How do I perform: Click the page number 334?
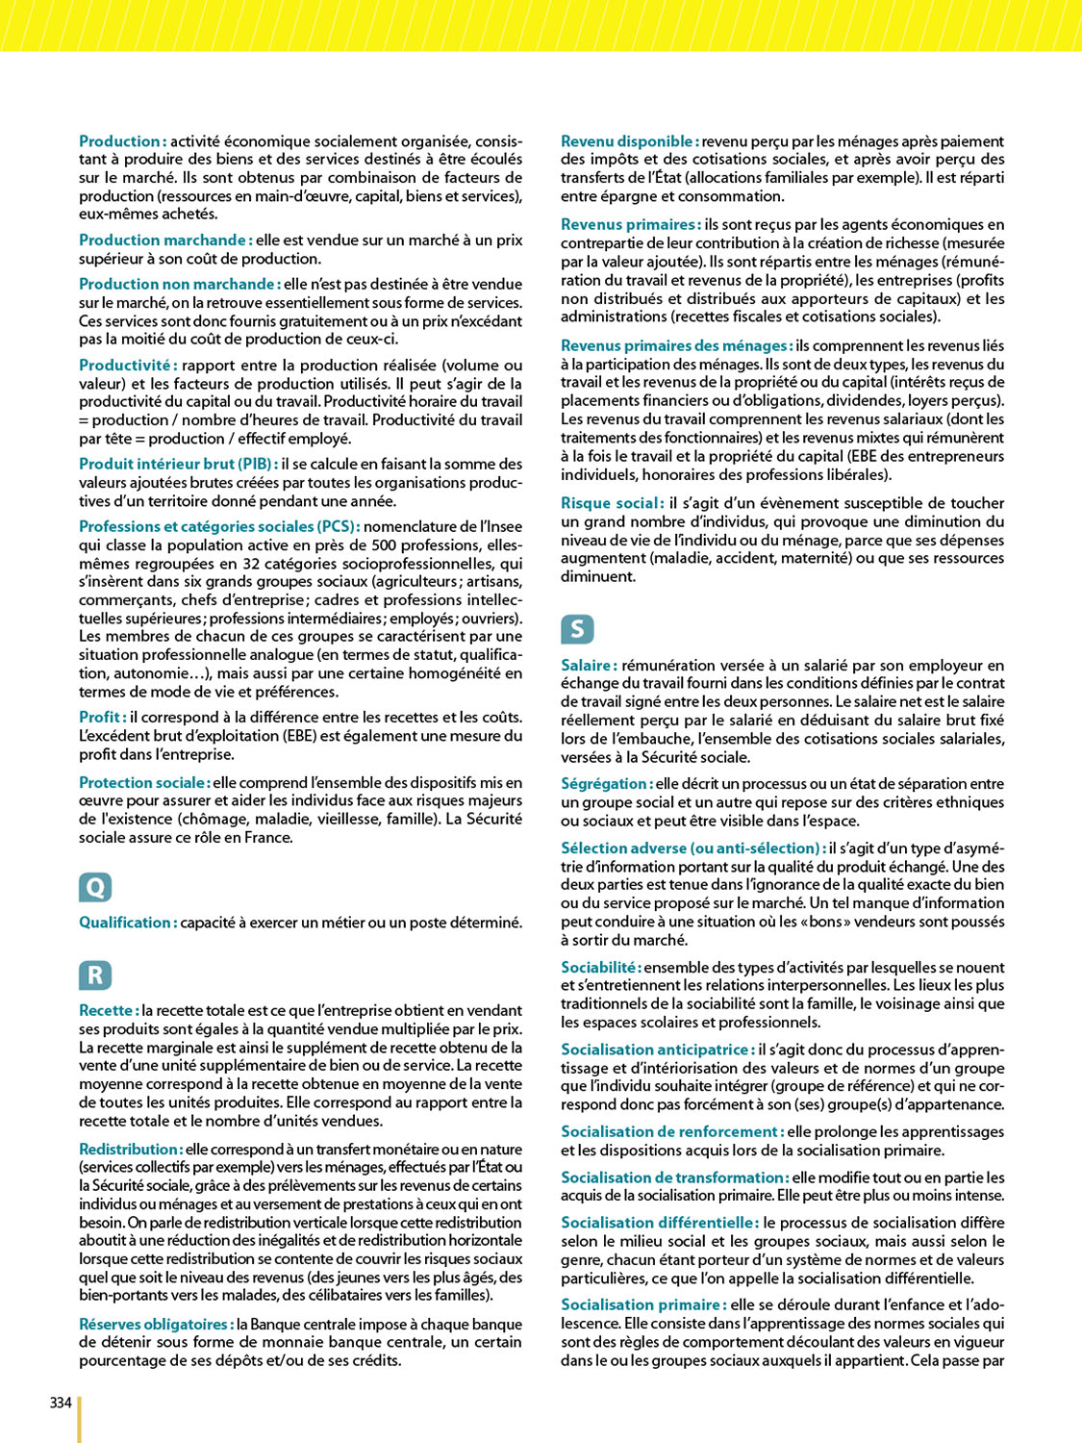click(61, 1403)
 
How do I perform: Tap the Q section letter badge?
click(95, 887)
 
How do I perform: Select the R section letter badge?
click(95, 975)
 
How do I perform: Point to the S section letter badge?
click(577, 629)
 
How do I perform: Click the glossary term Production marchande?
click(164, 240)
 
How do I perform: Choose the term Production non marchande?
click(179, 285)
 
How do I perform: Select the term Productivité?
click(127, 366)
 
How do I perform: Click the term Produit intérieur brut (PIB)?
click(178, 465)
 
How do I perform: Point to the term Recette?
click(109, 1011)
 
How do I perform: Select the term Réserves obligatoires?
click(156, 1325)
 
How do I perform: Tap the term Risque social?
click(612, 503)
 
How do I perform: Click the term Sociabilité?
click(600, 968)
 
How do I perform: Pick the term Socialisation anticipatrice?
click(657, 1050)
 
